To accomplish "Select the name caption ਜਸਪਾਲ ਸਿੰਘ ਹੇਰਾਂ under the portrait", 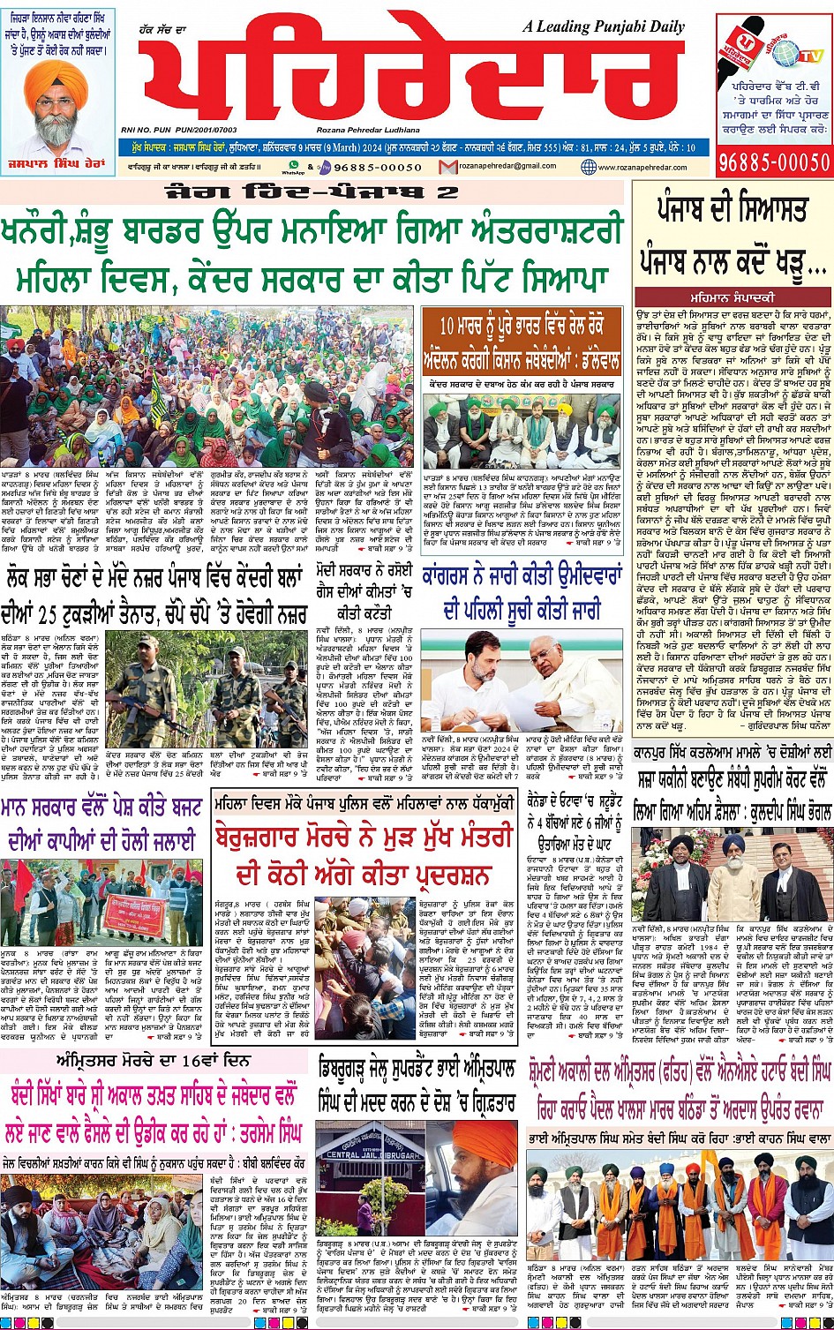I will pyautogui.click(x=58, y=166).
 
